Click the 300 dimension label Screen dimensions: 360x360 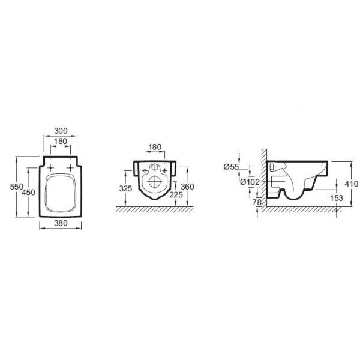pyautogui.click(x=61, y=131)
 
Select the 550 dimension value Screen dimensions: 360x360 pyautogui.click(x=17, y=187)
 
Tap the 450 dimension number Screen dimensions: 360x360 pyautogui.click(x=28, y=192)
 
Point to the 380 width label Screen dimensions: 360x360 pyautogui.click(x=61, y=223)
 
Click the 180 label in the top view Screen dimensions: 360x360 pyautogui.click(x=61, y=141)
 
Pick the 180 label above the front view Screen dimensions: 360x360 pyautogui.click(x=155, y=147)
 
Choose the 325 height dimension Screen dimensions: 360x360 pyautogui.click(x=125, y=188)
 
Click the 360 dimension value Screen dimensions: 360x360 pyautogui.click(x=188, y=187)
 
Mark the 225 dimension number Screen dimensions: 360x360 pyautogui.click(x=176, y=194)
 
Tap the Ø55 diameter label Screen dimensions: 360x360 pyautogui.click(x=231, y=167)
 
